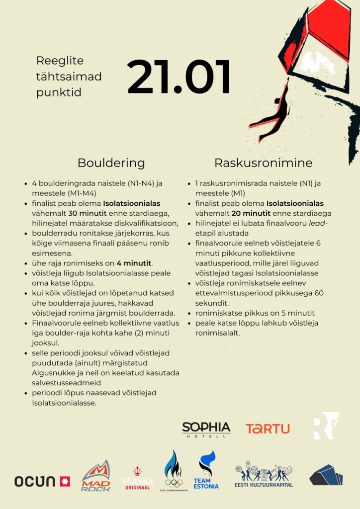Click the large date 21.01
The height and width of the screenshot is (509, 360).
tap(179, 78)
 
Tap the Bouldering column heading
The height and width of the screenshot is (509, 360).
tap(111, 163)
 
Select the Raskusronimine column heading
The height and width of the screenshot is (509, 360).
tap(263, 163)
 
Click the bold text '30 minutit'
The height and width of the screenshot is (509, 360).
tap(86, 213)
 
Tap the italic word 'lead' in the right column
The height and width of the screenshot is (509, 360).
tap(314, 223)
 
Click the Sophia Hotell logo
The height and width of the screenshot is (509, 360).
tap(206, 429)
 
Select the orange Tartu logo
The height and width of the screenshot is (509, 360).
tap(268, 428)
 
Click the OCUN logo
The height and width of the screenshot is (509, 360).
tap(42, 481)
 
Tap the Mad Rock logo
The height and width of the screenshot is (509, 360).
tap(96, 476)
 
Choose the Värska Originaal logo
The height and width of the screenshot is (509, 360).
tap(137, 478)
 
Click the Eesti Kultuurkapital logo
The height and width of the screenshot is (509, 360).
tap(264, 476)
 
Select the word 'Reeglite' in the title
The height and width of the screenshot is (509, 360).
tap(60, 61)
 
